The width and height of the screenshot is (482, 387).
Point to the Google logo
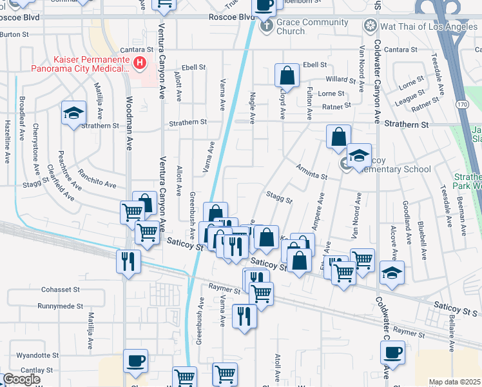click(x=21, y=379)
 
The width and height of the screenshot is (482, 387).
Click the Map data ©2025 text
click(x=454, y=382)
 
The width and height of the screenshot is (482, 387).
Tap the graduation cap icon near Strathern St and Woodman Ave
click(x=74, y=114)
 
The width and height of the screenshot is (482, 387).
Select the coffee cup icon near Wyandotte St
click(x=135, y=361)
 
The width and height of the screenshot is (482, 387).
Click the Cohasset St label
click(x=60, y=290)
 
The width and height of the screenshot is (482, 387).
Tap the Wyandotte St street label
click(x=38, y=355)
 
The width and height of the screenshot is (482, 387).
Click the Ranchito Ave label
click(x=97, y=179)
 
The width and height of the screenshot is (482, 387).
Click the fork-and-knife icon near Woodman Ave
click(x=128, y=261)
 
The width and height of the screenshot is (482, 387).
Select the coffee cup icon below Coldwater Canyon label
click(x=392, y=353)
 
